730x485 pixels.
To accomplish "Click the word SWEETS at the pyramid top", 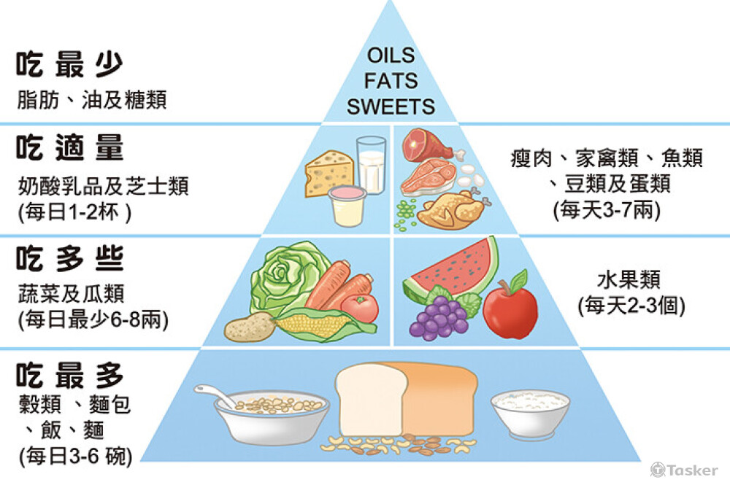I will tap(391, 106).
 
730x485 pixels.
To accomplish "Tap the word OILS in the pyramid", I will tap(391, 56).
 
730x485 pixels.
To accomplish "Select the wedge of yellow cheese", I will tap(328, 173).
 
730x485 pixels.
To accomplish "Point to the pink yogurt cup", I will tap(347, 205).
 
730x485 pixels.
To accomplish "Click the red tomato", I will tap(360, 307).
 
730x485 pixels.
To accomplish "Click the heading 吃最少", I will tap(70, 64).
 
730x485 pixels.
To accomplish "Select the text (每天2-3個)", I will tap(631, 306).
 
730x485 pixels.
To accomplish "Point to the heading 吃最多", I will tap(70, 376).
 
